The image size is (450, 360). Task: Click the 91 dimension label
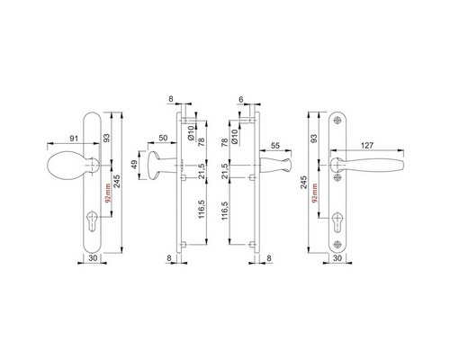(74, 139)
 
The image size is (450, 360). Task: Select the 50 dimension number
(163, 138)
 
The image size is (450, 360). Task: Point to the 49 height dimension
(134, 165)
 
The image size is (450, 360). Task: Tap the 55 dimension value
(275, 146)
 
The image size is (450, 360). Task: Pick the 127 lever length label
(367, 146)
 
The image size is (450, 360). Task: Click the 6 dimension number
(240, 100)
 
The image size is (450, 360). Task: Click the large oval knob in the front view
(68, 166)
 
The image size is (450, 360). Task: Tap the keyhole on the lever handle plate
(337, 222)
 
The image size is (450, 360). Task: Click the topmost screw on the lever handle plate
(337, 120)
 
